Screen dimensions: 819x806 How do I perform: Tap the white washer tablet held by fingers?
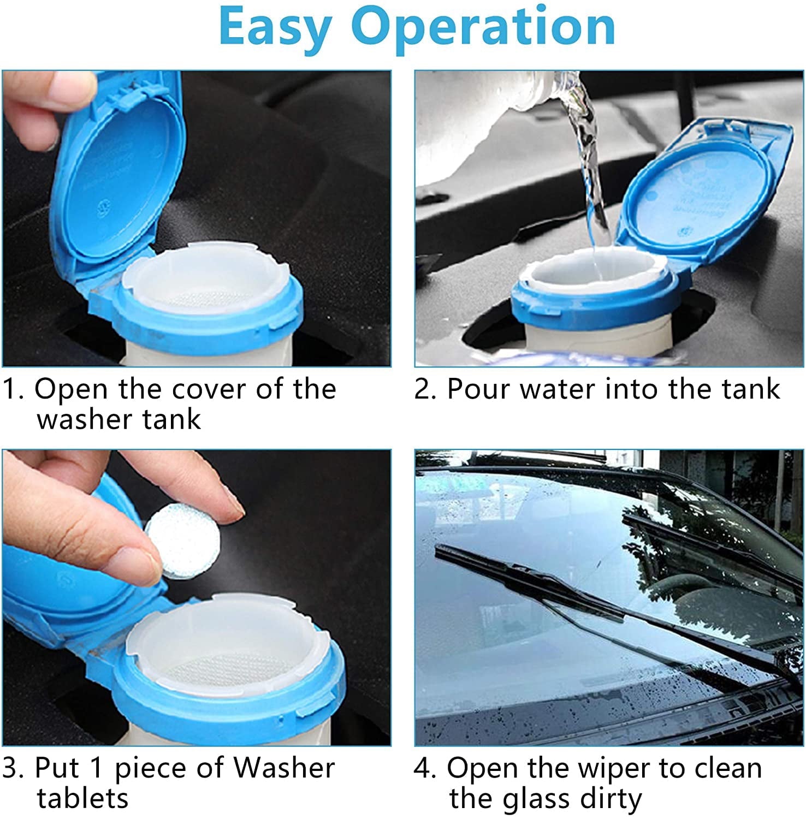point(183,541)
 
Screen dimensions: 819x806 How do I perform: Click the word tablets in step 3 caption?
point(82,798)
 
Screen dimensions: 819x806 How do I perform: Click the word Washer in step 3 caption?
point(283,768)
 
